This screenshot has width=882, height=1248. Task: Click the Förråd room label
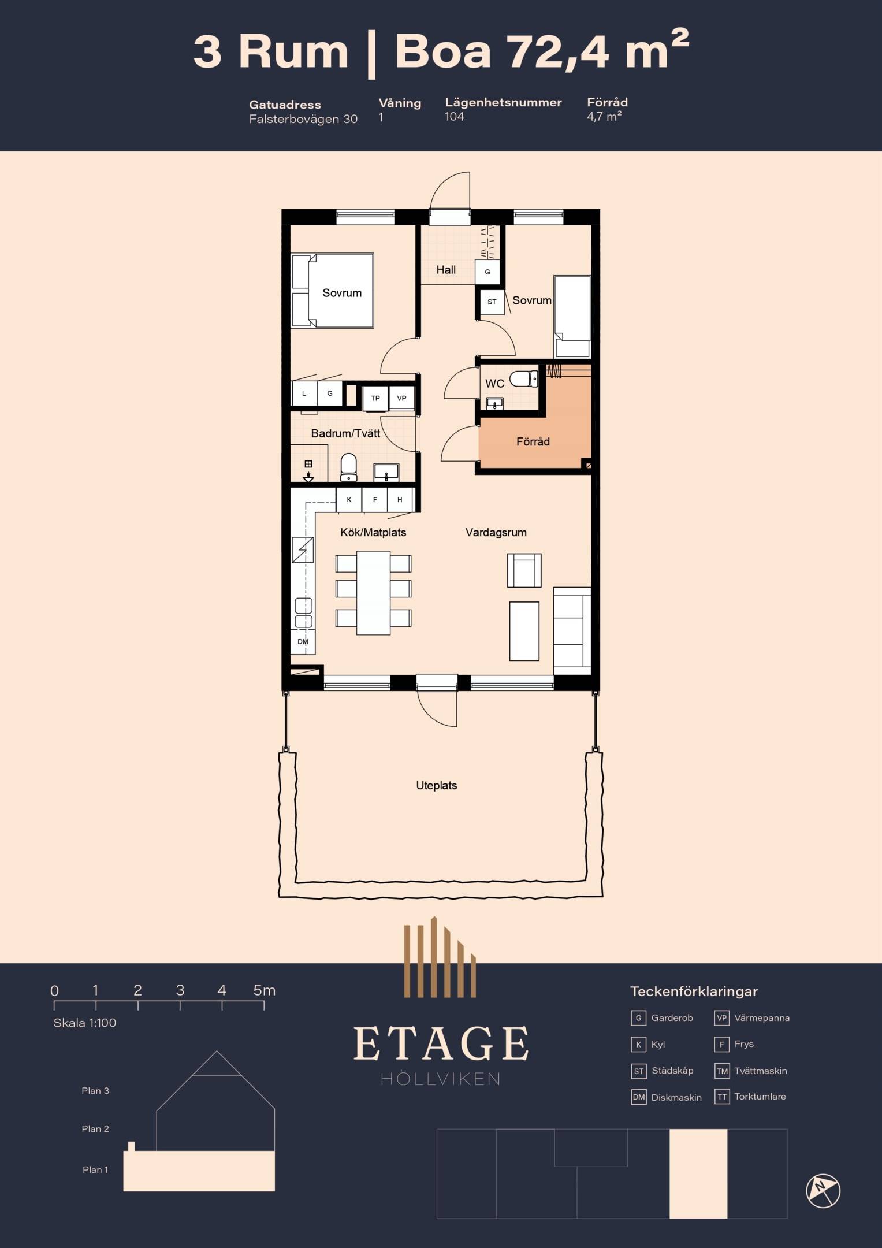tap(533, 441)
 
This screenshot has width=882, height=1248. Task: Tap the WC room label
tap(494, 384)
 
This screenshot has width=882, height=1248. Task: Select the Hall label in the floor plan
tap(446, 270)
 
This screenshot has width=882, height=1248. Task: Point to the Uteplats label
tap(437, 786)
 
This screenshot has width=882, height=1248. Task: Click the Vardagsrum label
tap(496, 533)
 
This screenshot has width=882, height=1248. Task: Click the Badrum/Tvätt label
tap(345, 433)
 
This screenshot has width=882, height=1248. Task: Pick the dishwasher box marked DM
tap(303, 642)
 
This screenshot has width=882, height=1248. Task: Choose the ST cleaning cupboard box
tap(492, 302)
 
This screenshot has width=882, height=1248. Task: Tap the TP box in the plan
tap(375, 398)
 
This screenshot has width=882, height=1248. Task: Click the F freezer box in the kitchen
tap(375, 500)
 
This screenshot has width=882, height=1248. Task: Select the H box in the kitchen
tap(400, 500)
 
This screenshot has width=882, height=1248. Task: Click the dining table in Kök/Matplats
tap(373, 593)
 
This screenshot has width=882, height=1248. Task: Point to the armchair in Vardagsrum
tap(524, 570)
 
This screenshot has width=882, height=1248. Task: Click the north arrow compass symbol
tap(823, 1191)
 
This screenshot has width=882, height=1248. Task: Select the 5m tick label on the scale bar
tap(264, 990)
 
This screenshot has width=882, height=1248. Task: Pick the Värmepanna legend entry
tap(752, 1018)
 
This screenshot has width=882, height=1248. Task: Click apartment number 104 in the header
tap(455, 117)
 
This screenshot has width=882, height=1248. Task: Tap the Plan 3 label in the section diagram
tap(95, 1091)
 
